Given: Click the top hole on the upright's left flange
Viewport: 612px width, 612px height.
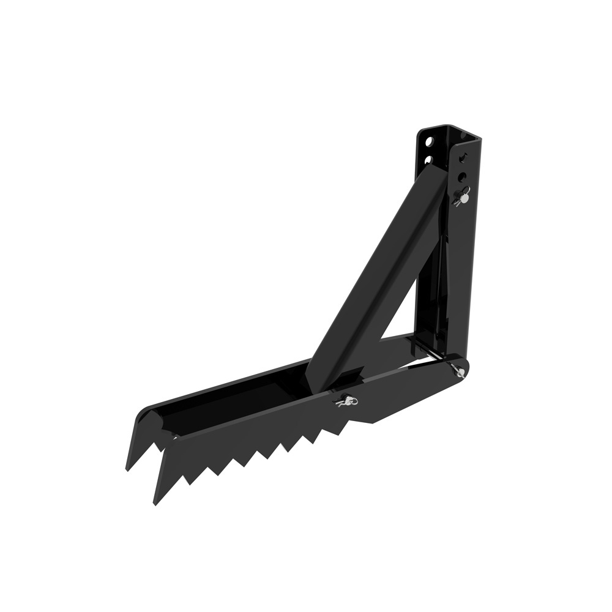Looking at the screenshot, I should click(x=430, y=142).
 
